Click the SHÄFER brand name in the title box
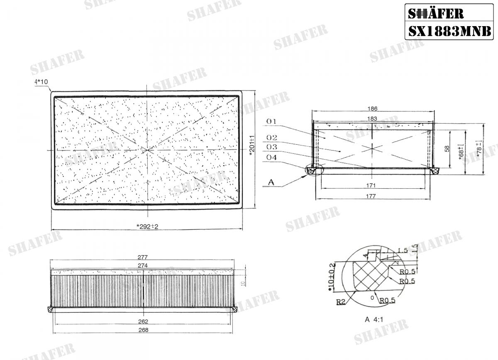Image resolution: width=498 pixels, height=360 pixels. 436,14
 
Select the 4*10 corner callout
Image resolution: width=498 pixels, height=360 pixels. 41,82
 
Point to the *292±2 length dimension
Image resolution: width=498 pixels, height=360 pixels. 147,226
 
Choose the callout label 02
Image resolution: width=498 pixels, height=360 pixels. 272,137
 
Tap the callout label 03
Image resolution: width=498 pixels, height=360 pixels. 272,147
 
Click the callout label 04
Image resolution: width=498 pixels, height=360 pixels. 272,158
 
